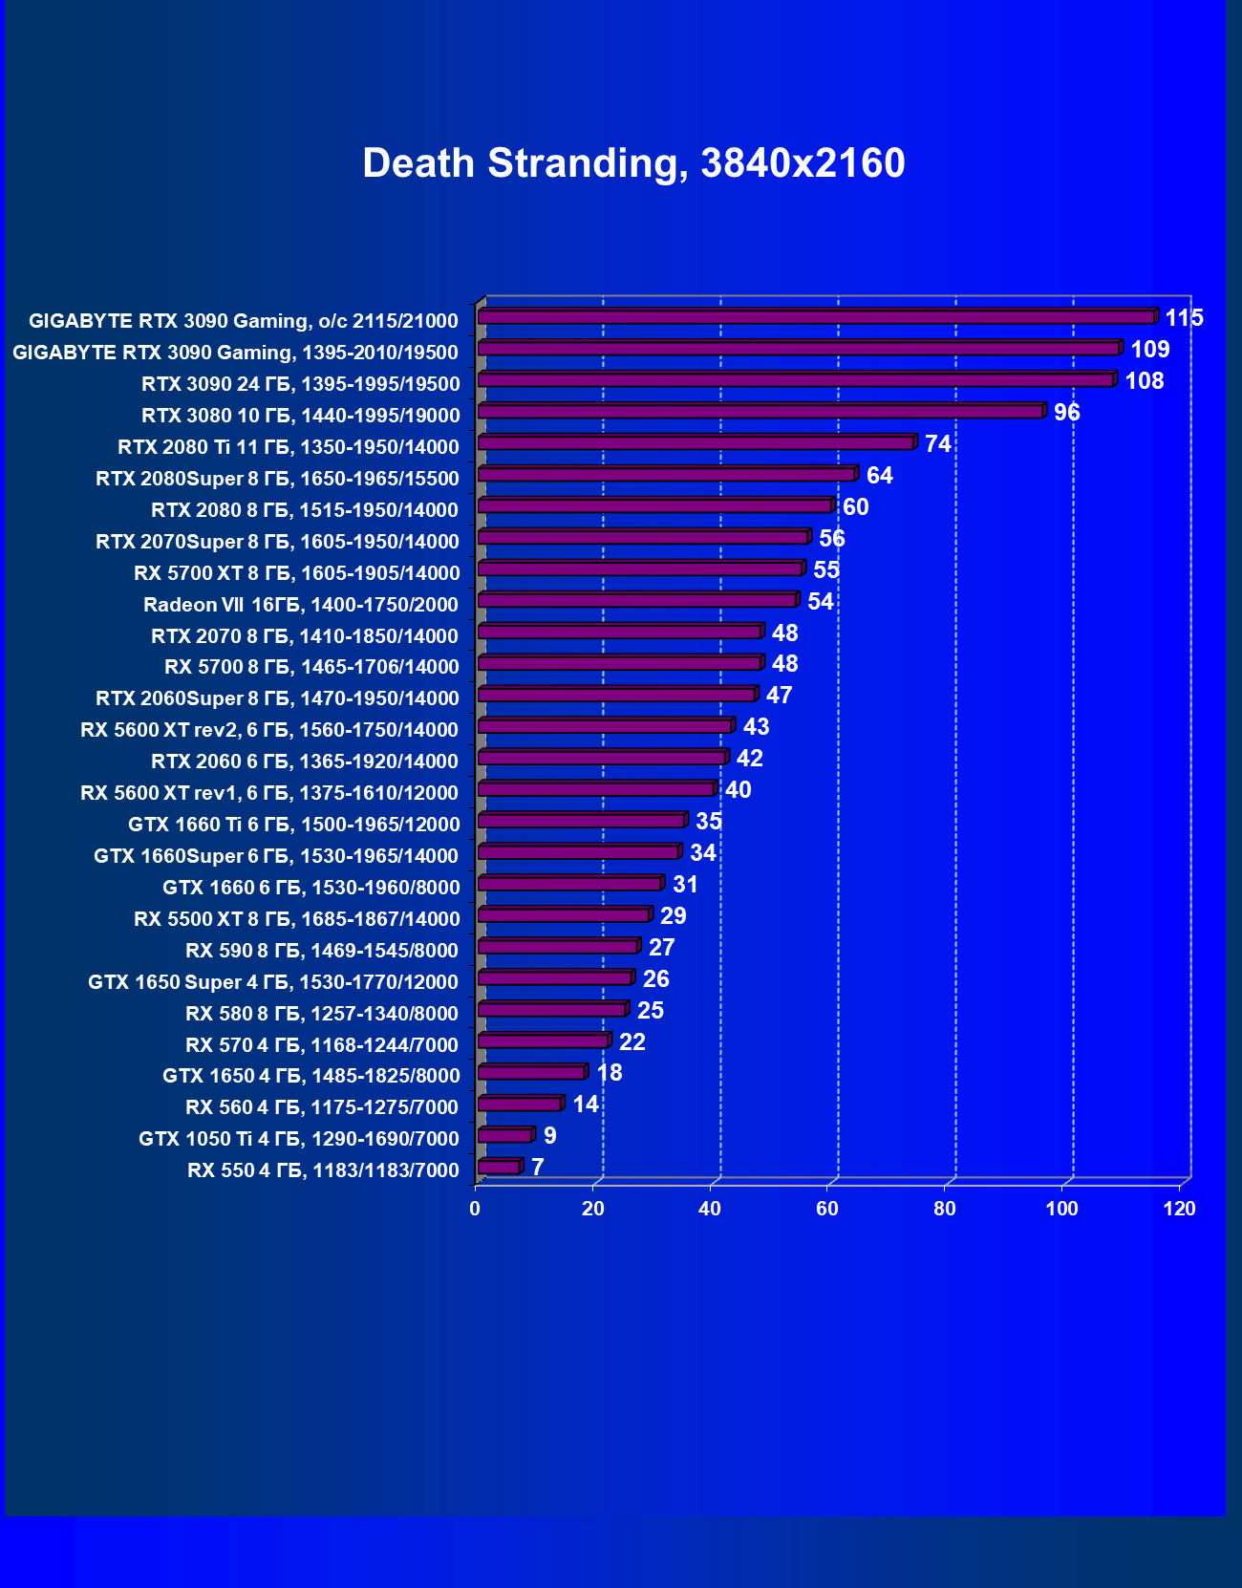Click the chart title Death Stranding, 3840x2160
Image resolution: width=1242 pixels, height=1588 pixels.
coord(633,163)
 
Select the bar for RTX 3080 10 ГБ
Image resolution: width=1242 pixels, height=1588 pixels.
coord(760,412)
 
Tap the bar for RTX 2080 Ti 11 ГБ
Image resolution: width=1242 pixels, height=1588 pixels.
coord(696,443)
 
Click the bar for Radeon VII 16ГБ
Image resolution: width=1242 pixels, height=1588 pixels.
coord(637,601)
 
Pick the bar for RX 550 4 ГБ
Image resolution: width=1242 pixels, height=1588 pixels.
coord(499,1167)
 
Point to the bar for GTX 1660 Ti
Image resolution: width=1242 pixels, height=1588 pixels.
coord(581,821)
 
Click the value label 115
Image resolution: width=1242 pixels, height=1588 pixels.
coord(1183,318)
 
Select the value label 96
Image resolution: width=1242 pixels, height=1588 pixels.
coord(1066,413)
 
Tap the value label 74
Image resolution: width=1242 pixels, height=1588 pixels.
coord(937,444)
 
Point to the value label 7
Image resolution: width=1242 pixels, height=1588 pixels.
coord(538,1168)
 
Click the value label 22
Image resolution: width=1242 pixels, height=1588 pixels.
coord(632,1042)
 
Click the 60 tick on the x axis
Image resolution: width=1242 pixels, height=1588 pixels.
coord(827,1209)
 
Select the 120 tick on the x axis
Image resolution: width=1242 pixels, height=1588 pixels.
coord(1179,1209)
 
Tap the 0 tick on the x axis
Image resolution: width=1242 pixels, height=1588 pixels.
coord(475,1209)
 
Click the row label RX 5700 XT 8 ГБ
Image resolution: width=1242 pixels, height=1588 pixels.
coord(297,573)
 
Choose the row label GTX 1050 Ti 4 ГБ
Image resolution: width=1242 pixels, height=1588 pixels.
coord(299,1139)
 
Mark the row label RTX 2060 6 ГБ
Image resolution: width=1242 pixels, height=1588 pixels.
coord(305,762)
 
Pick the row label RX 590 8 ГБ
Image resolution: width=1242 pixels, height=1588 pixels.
coord(322,951)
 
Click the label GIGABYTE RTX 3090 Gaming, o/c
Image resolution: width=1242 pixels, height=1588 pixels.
coord(244,321)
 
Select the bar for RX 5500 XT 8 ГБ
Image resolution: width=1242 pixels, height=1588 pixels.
coord(563,915)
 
